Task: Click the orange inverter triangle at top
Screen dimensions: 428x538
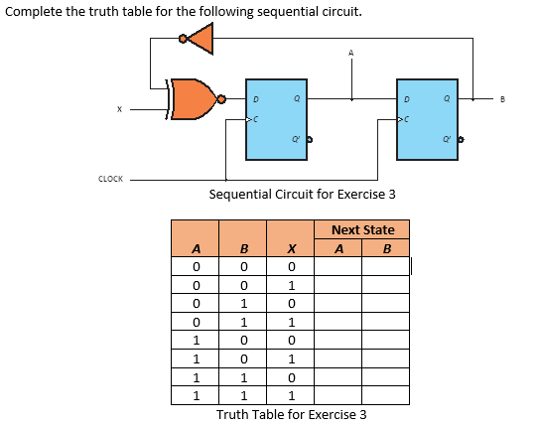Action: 201,39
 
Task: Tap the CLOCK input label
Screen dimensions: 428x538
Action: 110,179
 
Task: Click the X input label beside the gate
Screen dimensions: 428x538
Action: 120,109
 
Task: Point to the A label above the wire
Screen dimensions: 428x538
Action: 349,52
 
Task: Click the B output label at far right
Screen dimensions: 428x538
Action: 503,99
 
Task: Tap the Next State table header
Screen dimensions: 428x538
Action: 362,230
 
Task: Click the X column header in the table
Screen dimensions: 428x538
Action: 289,249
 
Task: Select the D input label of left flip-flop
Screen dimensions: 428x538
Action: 255,99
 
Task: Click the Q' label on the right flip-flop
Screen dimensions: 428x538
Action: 448,139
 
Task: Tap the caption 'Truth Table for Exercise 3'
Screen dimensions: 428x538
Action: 292,414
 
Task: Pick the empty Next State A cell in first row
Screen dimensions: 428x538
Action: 338,266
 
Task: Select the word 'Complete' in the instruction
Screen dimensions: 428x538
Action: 33,13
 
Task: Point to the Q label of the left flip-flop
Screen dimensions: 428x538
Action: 297,99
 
